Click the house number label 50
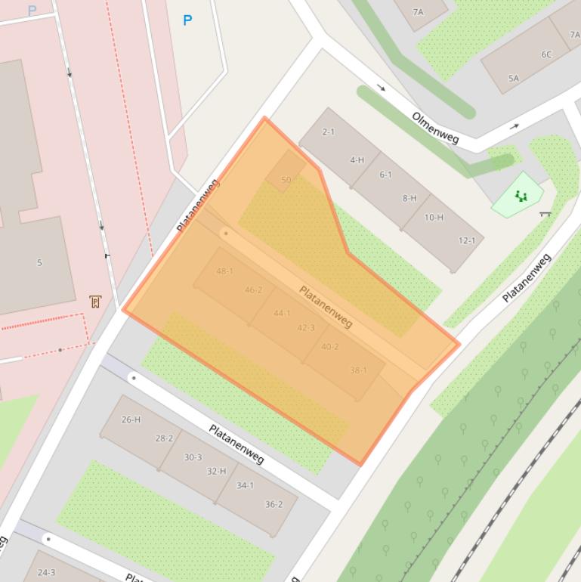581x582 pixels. pyautogui.click(x=286, y=180)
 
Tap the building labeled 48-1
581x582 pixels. pyautogui.click(x=224, y=271)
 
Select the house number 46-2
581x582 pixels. pyautogui.click(x=253, y=290)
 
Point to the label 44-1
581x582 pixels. pyautogui.click(x=282, y=313)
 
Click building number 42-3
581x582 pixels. pyautogui.click(x=306, y=327)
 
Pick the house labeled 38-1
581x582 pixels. pyautogui.click(x=358, y=370)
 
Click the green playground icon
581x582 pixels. pyautogui.click(x=521, y=197)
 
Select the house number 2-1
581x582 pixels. pyautogui.click(x=328, y=132)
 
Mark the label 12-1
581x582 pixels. pyautogui.click(x=467, y=240)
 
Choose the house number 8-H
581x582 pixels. pyautogui.click(x=409, y=198)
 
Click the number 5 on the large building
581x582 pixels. pyautogui.click(x=39, y=263)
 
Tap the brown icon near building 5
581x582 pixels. pyautogui.click(x=95, y=302)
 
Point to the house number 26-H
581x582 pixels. pyautogui.click(x=131, y=419)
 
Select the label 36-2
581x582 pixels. pyautogui.click(x=274, y=504)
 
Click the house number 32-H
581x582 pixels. pyautogui.click(x=216, y=471)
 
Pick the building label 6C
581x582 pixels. pyautogui.click(x=545, y=54)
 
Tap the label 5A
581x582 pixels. pyautogui.click(x=514, y=78)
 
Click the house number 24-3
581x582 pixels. pyautogui.click(x=46, y=572)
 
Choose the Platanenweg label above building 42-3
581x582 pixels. pyautogui.click(x=326, y=306)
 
